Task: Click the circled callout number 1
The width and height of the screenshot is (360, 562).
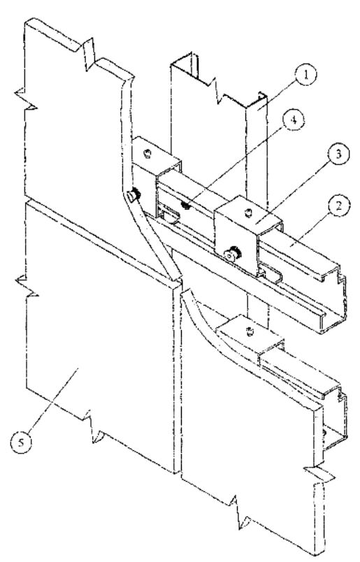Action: click(x=305, y=75)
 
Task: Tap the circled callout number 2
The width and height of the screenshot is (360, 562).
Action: click(x=338, y=206)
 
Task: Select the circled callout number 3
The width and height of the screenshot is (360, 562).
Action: click(x=338, y=154)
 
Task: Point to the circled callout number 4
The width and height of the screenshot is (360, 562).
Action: click(x=294, y=120)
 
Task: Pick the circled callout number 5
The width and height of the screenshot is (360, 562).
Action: click(x=21, y=442)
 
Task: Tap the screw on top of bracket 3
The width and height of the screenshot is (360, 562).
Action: click(x=247, y=213)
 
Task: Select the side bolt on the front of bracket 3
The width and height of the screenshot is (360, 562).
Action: click(x=232, y=254)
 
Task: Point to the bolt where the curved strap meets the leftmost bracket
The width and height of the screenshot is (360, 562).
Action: click(x=134, y=195)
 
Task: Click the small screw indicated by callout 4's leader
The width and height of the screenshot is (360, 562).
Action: click(x=185, y=206)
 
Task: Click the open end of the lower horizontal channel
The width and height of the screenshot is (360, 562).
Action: click(x=336, y=419)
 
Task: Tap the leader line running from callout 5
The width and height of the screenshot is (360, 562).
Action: click(x=52, y=400)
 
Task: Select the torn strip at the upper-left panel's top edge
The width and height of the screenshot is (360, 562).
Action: click(x=88, y=54)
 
